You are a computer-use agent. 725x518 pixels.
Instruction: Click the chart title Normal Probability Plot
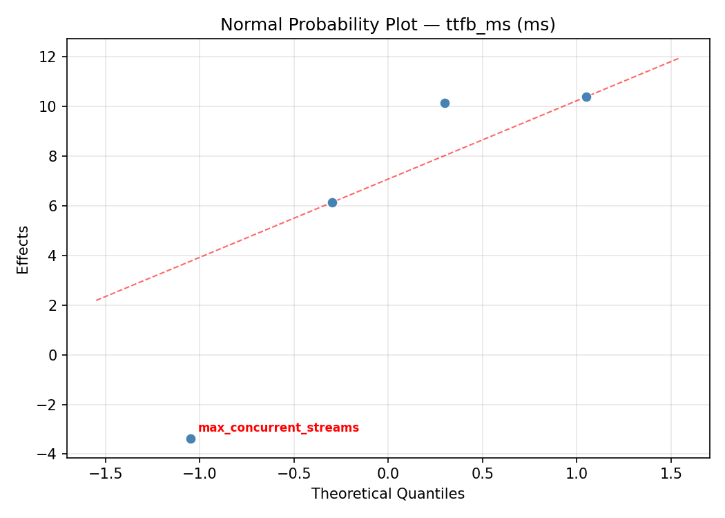click(387, 25)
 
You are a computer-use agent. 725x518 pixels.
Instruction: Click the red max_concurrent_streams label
click(278, 428)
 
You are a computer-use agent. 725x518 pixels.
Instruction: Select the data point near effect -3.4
click(191, 439)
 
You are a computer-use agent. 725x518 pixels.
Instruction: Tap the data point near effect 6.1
click(332, 202)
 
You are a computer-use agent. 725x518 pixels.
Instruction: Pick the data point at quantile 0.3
click(445, 103)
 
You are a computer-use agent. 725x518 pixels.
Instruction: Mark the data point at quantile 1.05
click(586, 97)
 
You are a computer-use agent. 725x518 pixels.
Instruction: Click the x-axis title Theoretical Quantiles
click(387, 494)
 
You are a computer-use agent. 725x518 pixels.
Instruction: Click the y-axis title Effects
click(23, 249)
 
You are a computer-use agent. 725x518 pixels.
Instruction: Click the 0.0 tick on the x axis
click(388, 474)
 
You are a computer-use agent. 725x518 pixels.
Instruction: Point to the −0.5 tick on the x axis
click(293, 474)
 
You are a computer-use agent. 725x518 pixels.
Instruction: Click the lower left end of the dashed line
click(97, 300)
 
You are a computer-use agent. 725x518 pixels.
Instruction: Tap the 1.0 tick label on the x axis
click(577, 474)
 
